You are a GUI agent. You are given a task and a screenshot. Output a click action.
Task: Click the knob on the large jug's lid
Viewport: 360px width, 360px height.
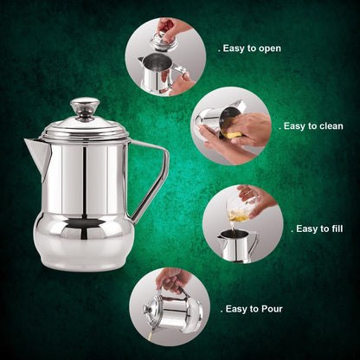click(85, 108)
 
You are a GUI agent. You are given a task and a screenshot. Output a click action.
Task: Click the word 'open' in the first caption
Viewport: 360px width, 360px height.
click(270, 48)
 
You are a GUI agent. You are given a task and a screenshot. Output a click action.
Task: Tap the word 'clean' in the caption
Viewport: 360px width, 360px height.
click(331, 126)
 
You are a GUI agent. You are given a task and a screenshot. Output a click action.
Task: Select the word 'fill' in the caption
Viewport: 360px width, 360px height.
click(337, 228)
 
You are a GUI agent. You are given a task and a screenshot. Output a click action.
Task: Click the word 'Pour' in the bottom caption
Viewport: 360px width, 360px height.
click(272, 309)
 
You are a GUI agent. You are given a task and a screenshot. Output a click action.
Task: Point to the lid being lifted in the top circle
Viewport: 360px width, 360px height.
click(164, 42)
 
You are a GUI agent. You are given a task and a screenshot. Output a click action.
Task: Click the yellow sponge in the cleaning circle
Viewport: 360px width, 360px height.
click(232, 134)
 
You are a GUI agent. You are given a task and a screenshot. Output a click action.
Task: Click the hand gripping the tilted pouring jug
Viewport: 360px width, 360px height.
click(174, 280)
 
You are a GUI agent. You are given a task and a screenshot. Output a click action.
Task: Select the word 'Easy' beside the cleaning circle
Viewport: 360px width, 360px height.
click(295, 126)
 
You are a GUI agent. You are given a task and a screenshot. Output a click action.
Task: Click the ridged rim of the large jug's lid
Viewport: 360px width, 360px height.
click(85, 133)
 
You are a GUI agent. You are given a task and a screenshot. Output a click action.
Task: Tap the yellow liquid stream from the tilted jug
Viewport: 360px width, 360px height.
click(151, 336)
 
